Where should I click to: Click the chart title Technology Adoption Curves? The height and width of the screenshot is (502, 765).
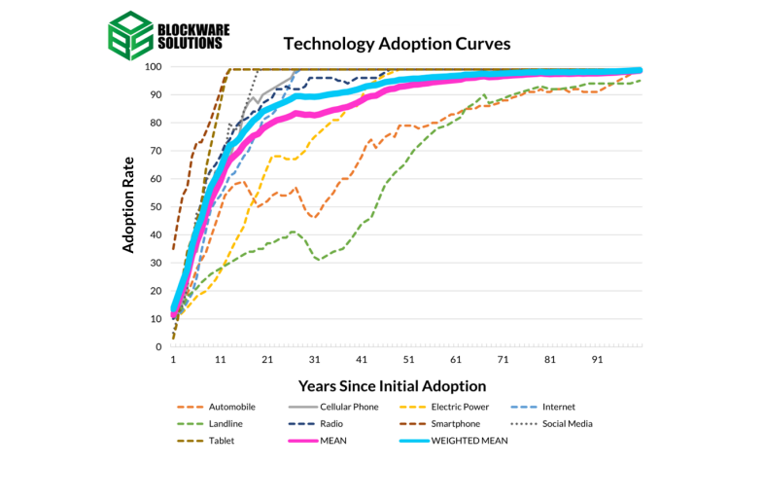point(397,44)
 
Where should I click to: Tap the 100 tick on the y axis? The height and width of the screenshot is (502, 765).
point(152,67)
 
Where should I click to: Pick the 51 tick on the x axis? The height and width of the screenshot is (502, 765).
point(408,359)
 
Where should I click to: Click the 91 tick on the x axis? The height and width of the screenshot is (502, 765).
point(598,359)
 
